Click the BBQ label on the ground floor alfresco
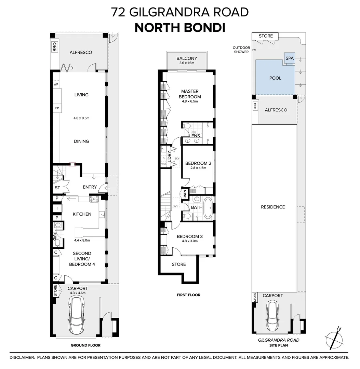(x=54, y=47)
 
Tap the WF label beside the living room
(x=56, y=84)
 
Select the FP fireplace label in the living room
(x=56, y=108)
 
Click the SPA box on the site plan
(x=289, y=58)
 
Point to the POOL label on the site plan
(x=275, y=78)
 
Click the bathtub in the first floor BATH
(x=207, y=207)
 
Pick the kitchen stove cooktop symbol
(x=94, y=199)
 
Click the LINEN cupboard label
(x=185, y=194)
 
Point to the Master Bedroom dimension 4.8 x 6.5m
(x=189, y=101)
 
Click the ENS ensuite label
(x=196, y=136)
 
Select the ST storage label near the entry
(x=57, y=188)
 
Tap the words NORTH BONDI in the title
(x=180, y=27)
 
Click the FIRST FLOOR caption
(x=188, y=295)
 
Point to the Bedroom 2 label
(x=198, y=163)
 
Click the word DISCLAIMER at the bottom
(x=22, y=358)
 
